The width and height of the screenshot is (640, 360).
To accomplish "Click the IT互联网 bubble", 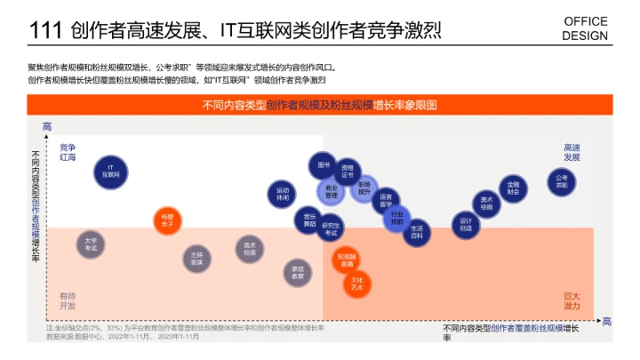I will pos(110,171).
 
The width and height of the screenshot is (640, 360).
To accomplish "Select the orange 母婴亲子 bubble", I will pos(168,220).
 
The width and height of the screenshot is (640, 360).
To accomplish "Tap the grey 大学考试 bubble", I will pos(91,244).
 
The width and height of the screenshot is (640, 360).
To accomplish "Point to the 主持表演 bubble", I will pos(197,259).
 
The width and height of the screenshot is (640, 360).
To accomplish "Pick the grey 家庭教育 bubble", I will pos(299,272).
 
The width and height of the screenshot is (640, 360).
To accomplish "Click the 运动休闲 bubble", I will pos(283,194).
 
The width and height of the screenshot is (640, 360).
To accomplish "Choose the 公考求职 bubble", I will pos(562,181).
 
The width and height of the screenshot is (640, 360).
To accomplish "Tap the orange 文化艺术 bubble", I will pos(357,284).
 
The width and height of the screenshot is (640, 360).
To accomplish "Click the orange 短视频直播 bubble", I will pos(346,260).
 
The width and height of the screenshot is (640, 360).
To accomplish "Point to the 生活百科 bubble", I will pos(418,233).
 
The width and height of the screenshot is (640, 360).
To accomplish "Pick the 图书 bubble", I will pos(324,165).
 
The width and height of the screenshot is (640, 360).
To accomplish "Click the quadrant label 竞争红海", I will pos(68,152).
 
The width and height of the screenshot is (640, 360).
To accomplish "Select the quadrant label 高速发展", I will pos(572,152).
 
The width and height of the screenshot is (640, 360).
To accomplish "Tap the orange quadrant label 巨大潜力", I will pos(572,300).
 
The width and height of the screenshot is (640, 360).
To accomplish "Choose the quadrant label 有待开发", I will pos(68,300).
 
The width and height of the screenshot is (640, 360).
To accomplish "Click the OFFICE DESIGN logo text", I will pos(586,28).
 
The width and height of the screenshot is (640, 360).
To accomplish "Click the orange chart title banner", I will pos(320,105).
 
